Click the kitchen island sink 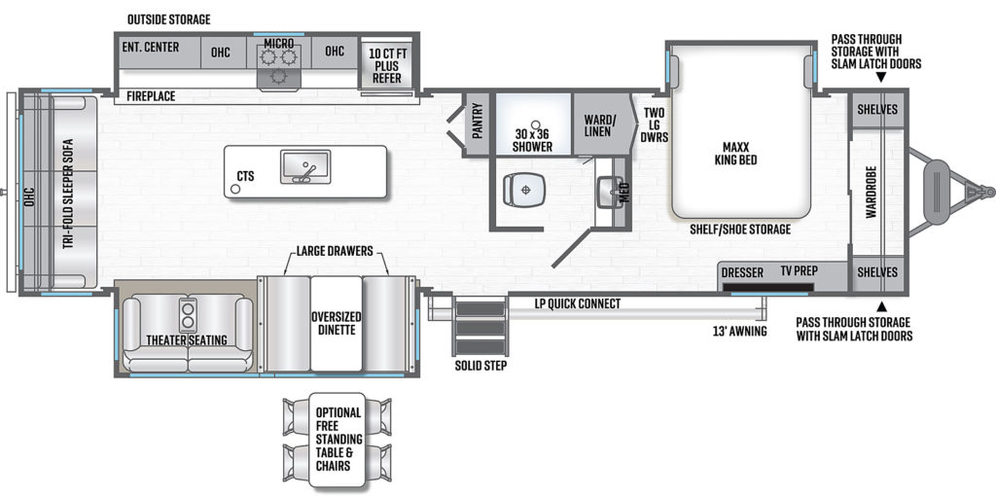[305, 167]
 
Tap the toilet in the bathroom [524, 190]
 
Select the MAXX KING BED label [735, 153]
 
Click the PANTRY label [478, 125]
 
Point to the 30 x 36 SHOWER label [534, 140]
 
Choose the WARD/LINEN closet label [598, 125]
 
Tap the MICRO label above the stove [279, 43]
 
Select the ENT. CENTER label [150, 47]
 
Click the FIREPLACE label [151, 96]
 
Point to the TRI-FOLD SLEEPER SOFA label [68, 194]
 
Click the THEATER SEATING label [187, 340]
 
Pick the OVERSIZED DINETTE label [336, 324]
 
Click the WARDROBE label [871, 192]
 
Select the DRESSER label [742, 272]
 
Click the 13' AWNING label [740, 331]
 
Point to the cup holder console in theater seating [188, 315]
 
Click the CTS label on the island [245, 176]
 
